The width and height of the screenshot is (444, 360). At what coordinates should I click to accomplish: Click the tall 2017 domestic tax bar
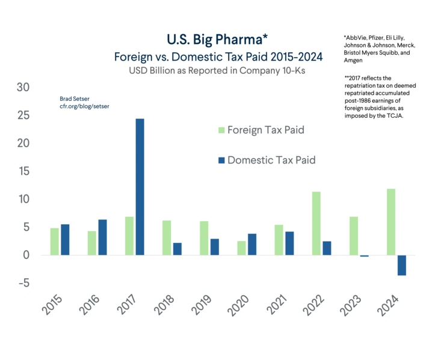(x=140, y=187)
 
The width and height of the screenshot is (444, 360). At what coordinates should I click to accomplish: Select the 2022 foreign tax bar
(x=316, y=223)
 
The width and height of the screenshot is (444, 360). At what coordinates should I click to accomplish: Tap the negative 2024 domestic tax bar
(x=402, y=265)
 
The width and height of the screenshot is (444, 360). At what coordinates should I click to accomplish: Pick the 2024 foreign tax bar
(x=391, y=222)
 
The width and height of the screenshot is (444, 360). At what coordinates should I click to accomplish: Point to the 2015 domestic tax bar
(x=65, y=240)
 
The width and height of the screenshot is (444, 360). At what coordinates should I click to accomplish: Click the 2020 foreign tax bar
(x=241, y=248)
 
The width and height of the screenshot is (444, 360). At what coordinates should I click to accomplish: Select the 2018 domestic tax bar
(x=177, y=249)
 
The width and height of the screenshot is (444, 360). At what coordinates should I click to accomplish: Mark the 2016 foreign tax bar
(x=91, y=243)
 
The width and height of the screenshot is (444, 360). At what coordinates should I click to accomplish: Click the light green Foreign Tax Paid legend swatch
(x=220, y=130)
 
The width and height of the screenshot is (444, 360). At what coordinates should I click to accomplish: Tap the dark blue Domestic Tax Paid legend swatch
(x=220, y=160)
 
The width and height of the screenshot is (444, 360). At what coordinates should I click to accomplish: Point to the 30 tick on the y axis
(x=22, y=88)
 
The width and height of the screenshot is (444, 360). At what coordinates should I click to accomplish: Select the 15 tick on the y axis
(x=22, y=171)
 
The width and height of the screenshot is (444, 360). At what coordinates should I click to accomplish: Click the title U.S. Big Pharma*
(x=217, y=40)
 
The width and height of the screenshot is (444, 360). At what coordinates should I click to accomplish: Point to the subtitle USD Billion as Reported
(x=218, y=70)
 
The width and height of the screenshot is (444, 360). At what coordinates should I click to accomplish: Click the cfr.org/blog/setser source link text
(x=84, y=106)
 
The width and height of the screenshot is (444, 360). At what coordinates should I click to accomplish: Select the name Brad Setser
(x=74, y=99)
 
